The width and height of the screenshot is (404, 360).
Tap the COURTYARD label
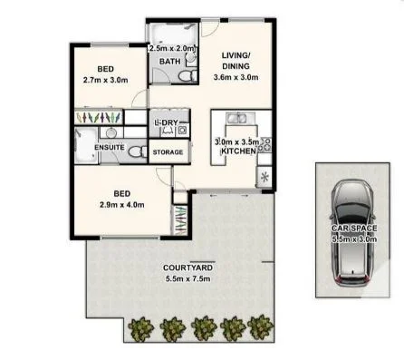coord(162,268)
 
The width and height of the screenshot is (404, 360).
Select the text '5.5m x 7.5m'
coord(162,278)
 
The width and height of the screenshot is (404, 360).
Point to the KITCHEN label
coord(237,151)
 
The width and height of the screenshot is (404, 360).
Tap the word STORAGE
coord(168,151)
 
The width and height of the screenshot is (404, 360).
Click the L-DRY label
coord(166,122)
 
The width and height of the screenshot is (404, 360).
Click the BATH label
coord(169,62)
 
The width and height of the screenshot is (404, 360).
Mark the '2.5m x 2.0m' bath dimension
coord(169,48)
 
